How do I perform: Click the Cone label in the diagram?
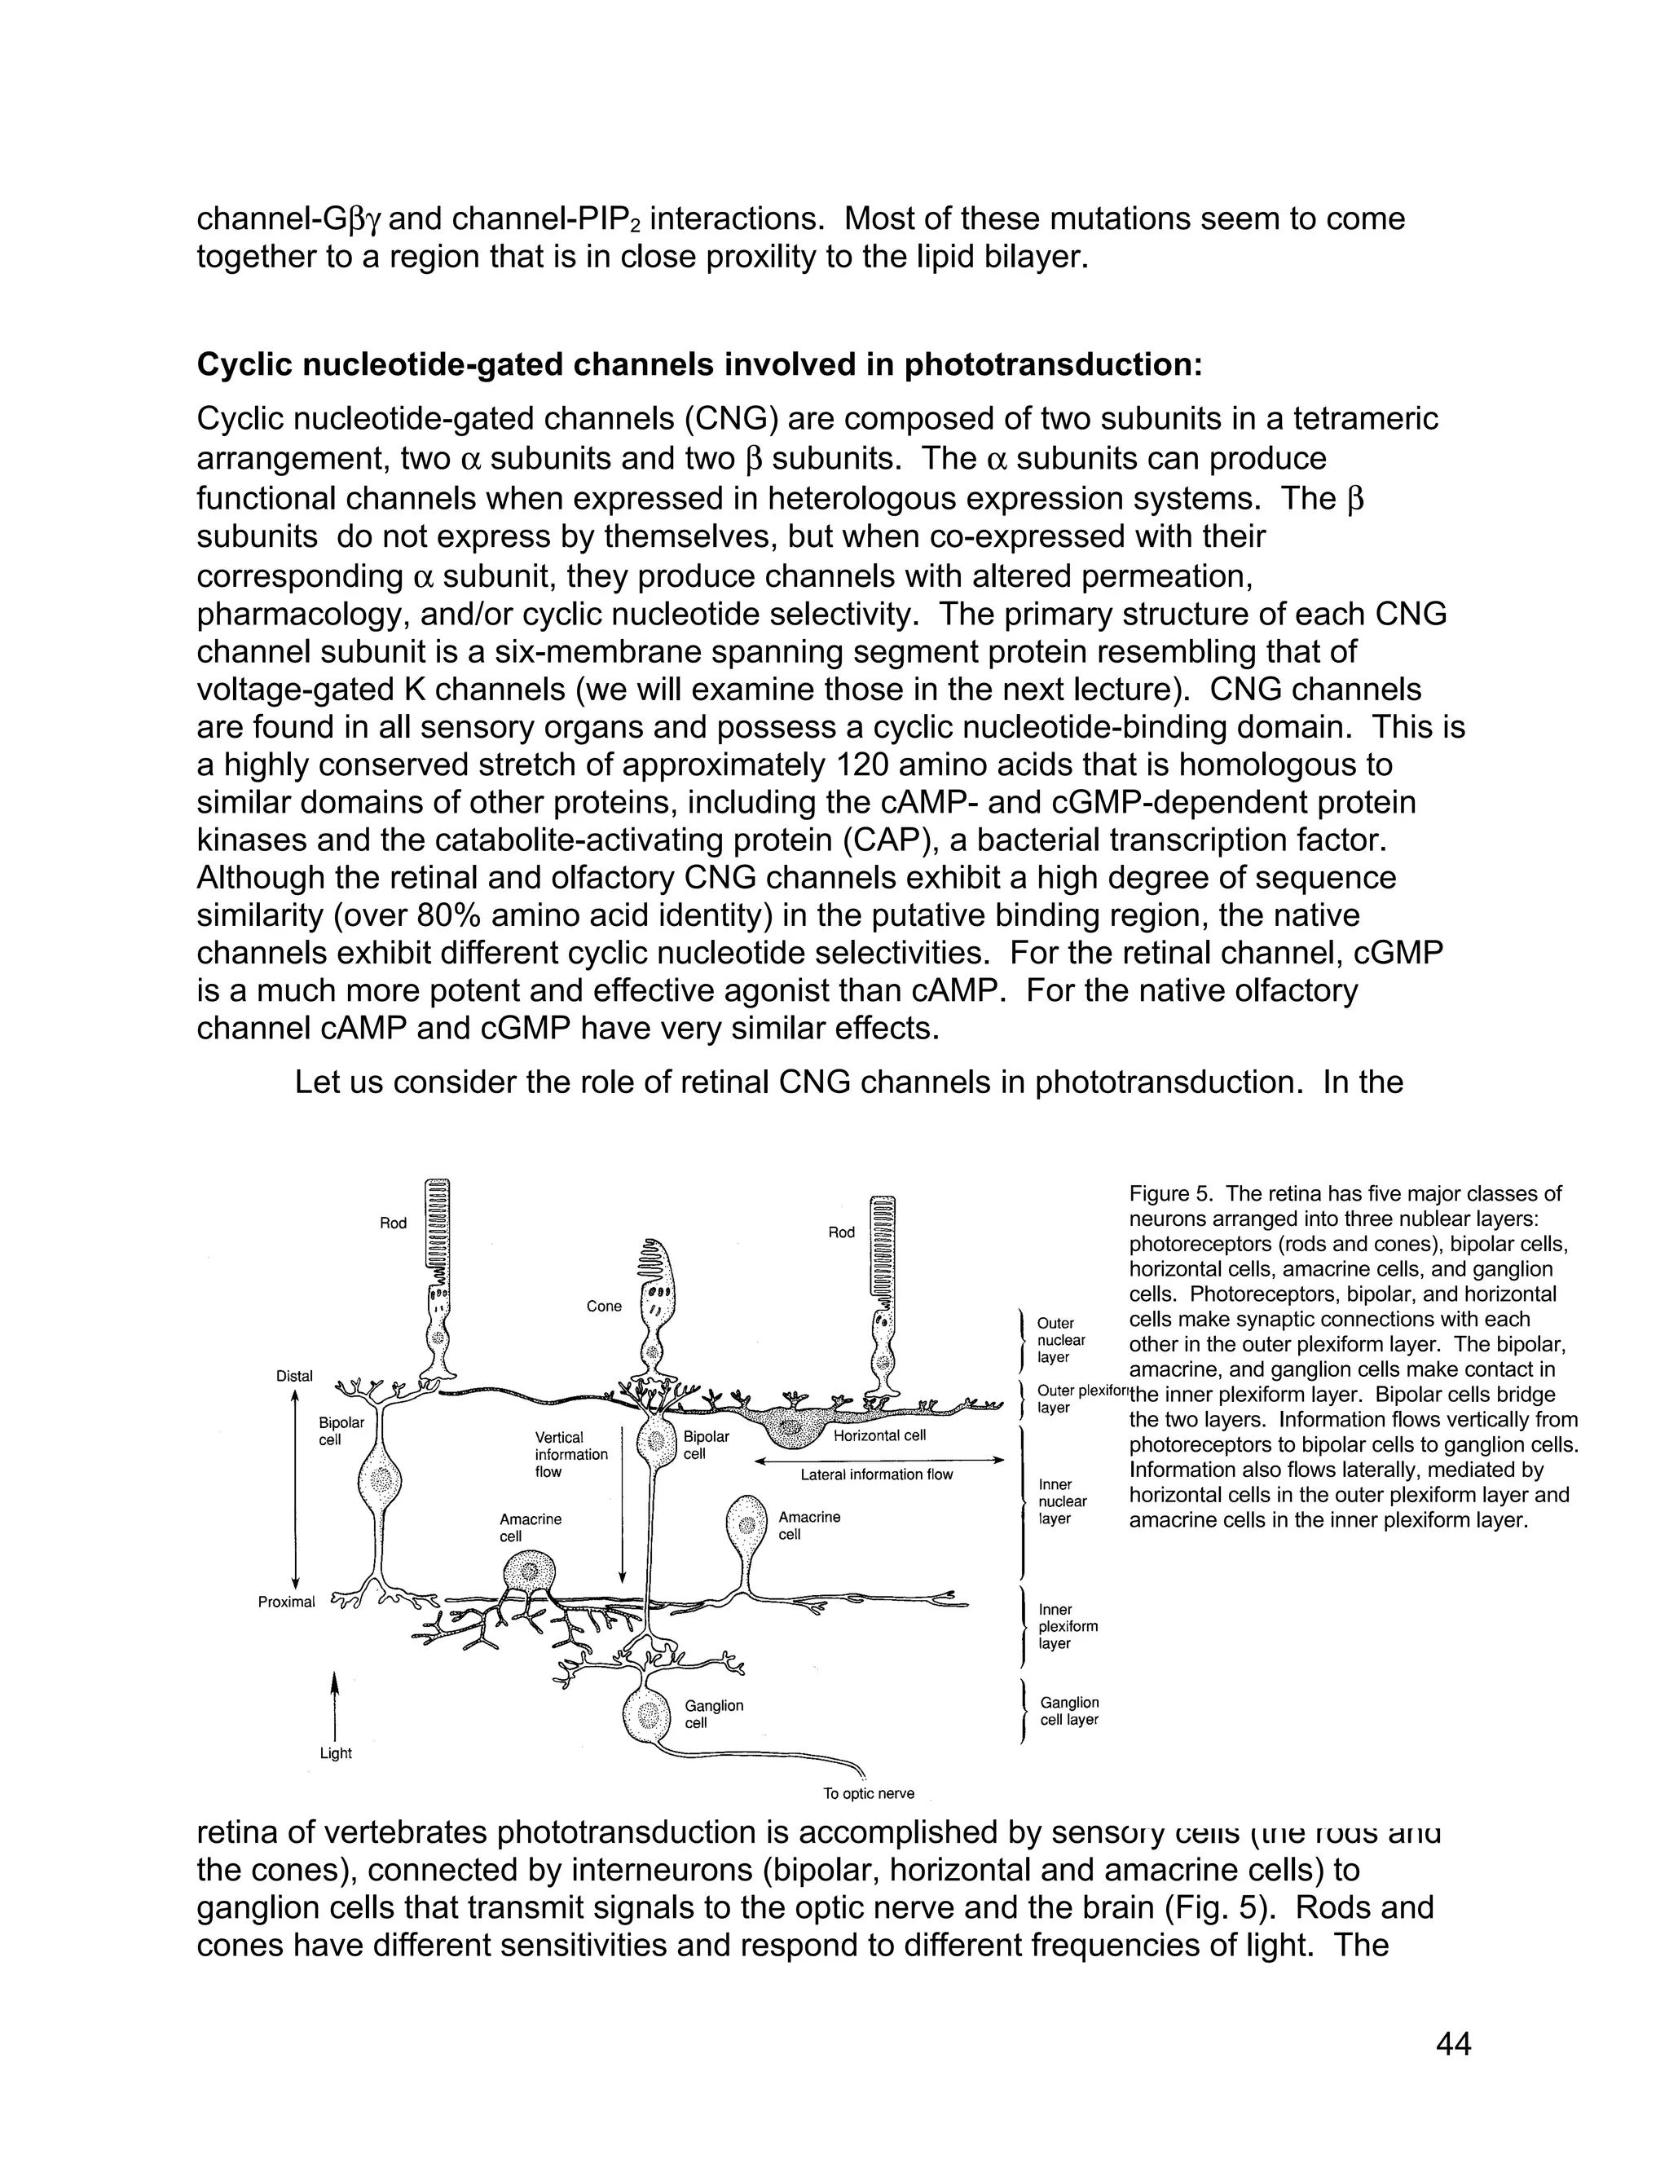tap(603, 1307)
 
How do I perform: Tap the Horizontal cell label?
tap(879, 1435)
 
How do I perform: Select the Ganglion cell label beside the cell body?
tap(713, 1714)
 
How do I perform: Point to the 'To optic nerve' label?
tap(868, 1793)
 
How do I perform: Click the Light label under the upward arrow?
tap(335, 1752)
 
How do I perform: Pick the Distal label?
tap(293, 1376)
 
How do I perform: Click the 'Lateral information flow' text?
tap(876, 1474)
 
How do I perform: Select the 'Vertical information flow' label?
tap(570, 1454)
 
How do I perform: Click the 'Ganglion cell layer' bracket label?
tap(1069, 1711)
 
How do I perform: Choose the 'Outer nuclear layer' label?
tap(1060, 1340)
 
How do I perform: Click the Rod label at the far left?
tap(393, 1223)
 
